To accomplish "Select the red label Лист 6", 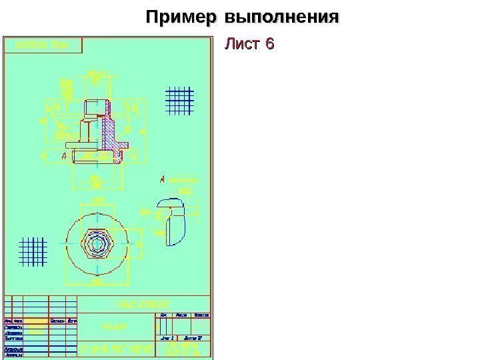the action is tap(249, 45).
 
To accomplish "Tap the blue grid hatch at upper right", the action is tap(178, 101).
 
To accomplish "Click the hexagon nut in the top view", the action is tap(97, 242).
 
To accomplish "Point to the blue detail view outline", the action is tap(172, 221).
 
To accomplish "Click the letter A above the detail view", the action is tap(162, 179).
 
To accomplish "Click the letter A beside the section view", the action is tap(64, 156).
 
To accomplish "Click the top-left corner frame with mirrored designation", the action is tap(43, 45).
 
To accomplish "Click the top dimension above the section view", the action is tap(97, 73).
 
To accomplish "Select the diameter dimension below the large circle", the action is tap(97, 281).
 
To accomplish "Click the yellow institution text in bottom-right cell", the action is tap(183, 349).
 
